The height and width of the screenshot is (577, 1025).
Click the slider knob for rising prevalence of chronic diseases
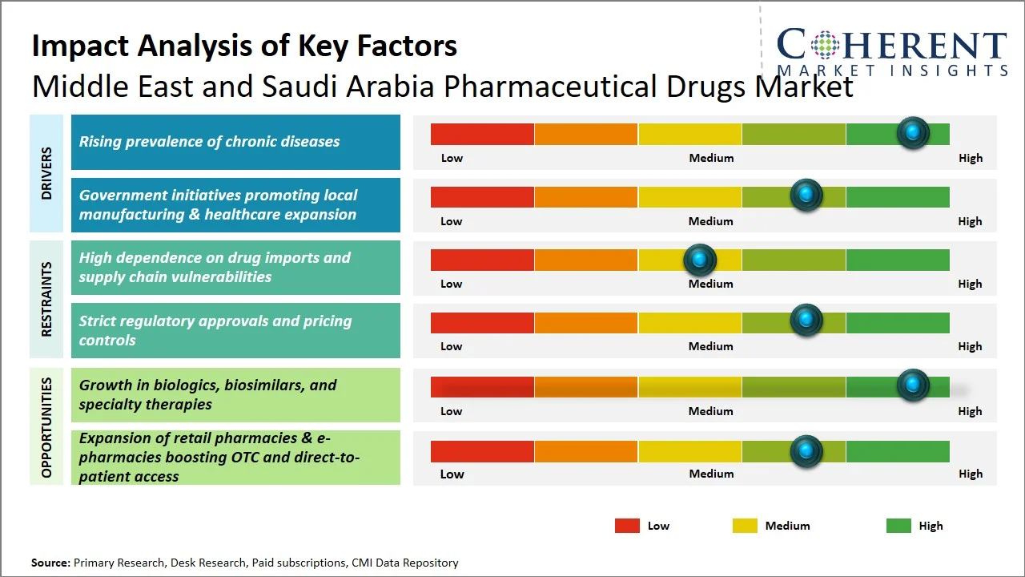tap(912, 132)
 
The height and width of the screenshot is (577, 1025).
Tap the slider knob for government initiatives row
tap(806, 195)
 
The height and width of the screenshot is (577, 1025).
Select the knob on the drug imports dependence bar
tap(699, 259)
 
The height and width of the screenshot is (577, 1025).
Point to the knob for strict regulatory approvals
tap(806, 320)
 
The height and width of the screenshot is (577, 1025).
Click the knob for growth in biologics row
tap(912, 385)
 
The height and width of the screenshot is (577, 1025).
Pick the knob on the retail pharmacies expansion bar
tap(806, 451)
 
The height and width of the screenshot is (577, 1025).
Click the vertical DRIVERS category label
tap(46, 173)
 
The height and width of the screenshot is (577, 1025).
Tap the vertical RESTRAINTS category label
tap(46, 299)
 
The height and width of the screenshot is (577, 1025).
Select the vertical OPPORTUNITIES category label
tap(46, 427)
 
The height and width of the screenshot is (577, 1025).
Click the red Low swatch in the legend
tap(627, 526)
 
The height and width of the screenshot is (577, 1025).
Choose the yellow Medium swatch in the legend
tap(745, 526)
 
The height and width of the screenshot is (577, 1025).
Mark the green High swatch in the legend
tap(898, 526)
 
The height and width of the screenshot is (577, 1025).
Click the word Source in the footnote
tap(50, 563)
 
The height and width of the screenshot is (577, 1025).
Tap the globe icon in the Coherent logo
tap(823, 45)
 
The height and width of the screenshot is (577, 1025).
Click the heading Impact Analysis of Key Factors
tap(244, 46)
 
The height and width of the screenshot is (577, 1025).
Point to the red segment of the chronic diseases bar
tap(482, 134)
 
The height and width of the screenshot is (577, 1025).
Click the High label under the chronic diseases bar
tap(970, 158)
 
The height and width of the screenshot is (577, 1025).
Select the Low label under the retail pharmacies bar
tap(452, 474)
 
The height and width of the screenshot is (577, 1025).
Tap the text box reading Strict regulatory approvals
tap(235, 330)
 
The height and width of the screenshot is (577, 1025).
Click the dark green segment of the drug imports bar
tap(897, 260)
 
